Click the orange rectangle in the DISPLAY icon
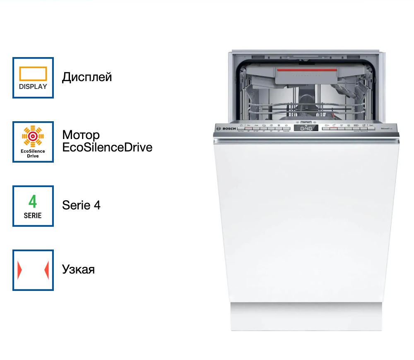pos(33,73)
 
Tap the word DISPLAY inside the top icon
pos(33,87)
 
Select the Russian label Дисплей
pos(87,77)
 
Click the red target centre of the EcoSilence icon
pos(33,135)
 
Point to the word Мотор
pos(81,135)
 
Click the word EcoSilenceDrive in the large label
pos(107,147)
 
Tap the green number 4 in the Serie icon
pos(33,202)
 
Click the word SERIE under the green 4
pos(33,216)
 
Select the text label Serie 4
pos(81,205)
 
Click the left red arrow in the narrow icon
pos(19,270)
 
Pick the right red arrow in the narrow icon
pos(47,270)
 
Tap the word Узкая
pos(78,269)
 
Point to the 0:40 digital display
pos(306,129)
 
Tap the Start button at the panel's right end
pos(371,126)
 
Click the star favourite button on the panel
pos(286,125)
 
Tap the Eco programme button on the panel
pos(249,125)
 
